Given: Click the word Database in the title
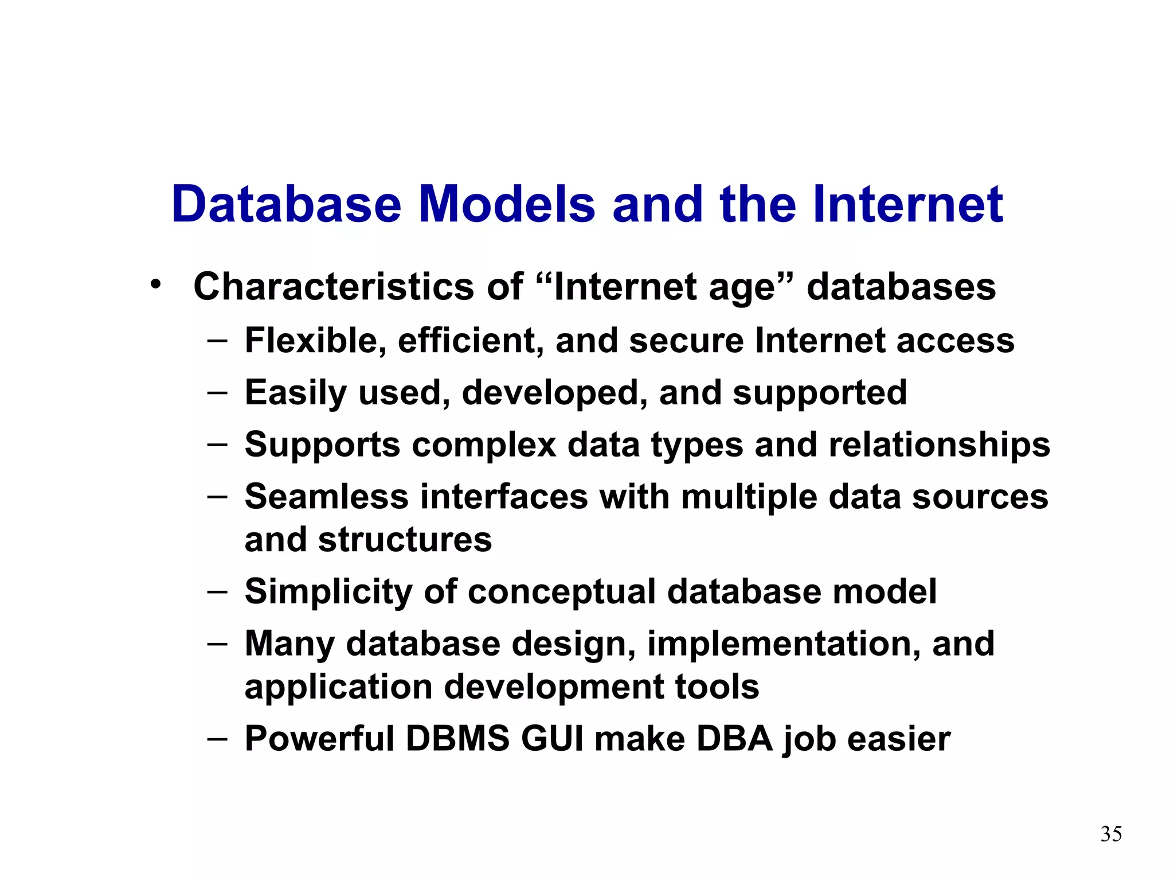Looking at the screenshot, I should (286, 205).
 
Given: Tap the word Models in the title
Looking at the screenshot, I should (507, 205).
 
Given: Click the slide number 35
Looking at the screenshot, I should (1111, 834).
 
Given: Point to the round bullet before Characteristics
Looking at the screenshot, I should (155, 284).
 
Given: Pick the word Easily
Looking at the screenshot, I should (295, 393).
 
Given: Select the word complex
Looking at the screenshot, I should (484, 446).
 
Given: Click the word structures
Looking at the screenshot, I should (405, 540).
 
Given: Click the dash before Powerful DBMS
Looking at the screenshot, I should (217, 738).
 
